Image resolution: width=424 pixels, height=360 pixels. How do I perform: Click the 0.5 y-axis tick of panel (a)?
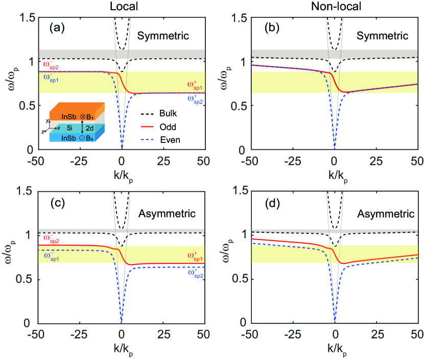pos(27,106)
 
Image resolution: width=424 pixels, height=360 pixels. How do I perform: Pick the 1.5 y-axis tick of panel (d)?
pos(240,191)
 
